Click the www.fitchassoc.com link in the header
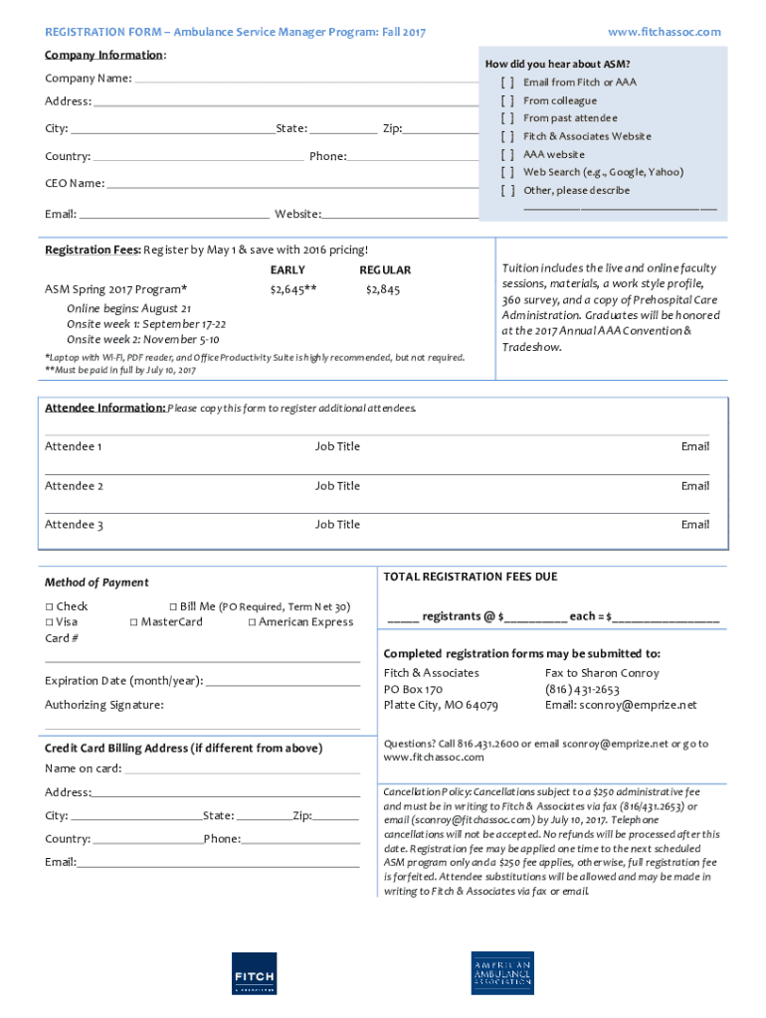click(x=664, y=32)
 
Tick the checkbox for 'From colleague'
click(x=507, y=100)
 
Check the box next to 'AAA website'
click(x=507, y=154)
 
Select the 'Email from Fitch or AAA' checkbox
click(x=507, y=83)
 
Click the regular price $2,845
click(x=383, y=289)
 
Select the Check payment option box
click(x=49, y=606)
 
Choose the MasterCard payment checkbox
click(x=133, y=622)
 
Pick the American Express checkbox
click(x=252, y=622)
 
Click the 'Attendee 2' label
click(x=74, y=486)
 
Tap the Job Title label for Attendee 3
click(x=337, y=524)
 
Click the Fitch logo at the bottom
click(x=253, y=972)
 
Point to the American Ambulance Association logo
click(x=502, y=972)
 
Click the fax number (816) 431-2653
click(x=582, y=689)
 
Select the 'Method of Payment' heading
click(x=96, y=583)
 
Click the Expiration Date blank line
click(x=283, y=683)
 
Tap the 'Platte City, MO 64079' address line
click(x=441, y=705)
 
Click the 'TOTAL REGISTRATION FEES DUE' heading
click(x=471, y=577)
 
